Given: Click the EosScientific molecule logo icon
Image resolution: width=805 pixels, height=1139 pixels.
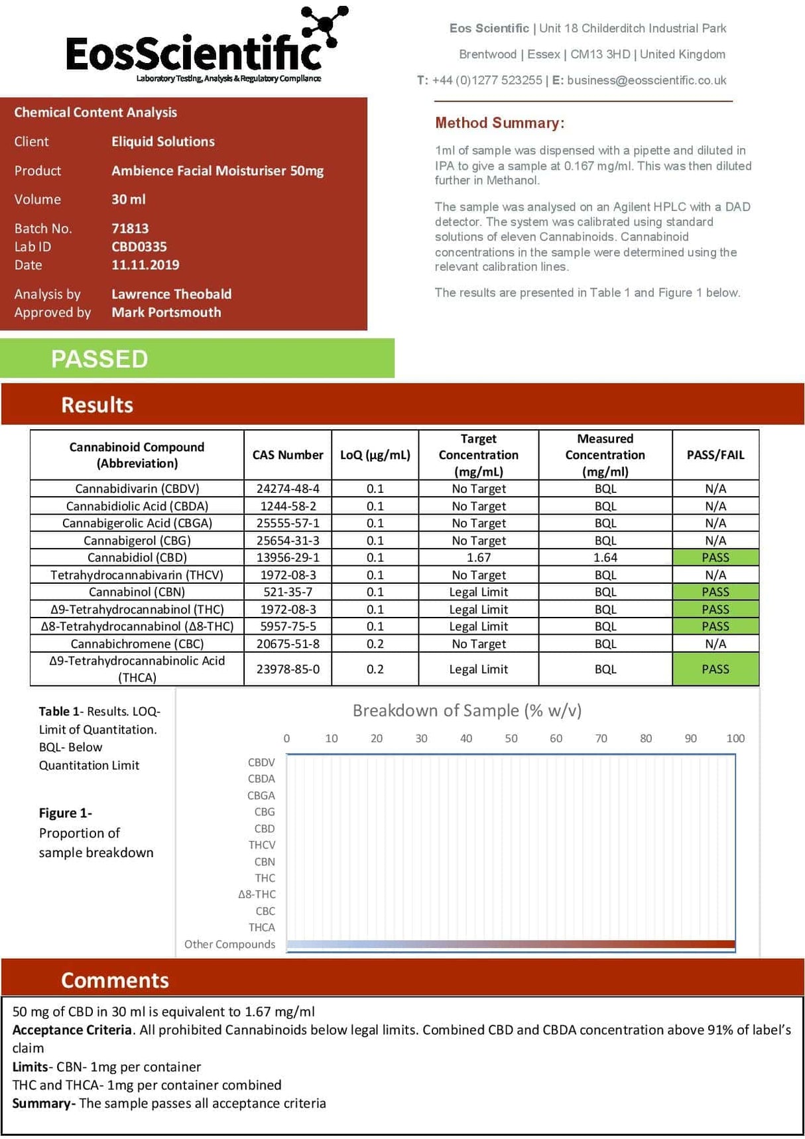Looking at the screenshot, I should pyautogui.click(x=325, y=27).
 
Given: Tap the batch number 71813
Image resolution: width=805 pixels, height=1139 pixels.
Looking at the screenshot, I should pyautogui.click(x=130, y=228).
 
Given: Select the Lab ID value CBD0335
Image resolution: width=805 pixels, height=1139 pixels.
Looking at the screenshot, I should pyautogui.click(x=139, y=247).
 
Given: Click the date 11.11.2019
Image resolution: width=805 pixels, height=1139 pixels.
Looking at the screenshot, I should pyautogui.click(x=145, y=265).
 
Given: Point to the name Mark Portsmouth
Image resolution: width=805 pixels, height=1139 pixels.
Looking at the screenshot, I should pyautogui.click(x=166, y=312).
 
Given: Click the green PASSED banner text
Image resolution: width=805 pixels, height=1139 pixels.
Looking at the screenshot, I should pyautogui.click(x=99, y=359).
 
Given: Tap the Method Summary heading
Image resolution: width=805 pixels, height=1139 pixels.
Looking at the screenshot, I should pyautogui.click(x=499, y=123).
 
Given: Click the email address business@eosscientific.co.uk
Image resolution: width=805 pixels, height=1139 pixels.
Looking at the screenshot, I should pyautogui.click(x=647, y=80).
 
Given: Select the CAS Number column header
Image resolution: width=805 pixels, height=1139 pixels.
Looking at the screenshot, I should pyautogui.click(x=288, y=455).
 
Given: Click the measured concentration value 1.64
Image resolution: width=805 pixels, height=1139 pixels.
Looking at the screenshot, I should pyautogui.click(x=605, y=558).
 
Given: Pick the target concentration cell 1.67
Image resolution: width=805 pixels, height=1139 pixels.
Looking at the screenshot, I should pyautogui.click(x=478, y=558).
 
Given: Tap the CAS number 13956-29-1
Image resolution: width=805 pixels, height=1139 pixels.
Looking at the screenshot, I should pyautogui.click(x=288, y=558).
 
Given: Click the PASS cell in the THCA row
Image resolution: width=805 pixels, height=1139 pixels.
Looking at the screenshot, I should pyautogui.click(x=715, y=669).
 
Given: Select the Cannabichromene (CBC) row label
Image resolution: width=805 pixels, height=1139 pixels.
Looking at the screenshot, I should pyautogui.click(x=137, y=644).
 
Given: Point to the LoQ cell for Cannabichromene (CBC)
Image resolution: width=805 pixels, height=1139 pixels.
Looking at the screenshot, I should pyautogui.click(x=375, y=644).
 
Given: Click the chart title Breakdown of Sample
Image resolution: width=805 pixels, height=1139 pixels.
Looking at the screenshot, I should pyautogui.click(x=467, y=710).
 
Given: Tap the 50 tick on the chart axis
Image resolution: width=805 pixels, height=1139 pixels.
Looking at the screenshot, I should pyautogui.click(x=511, y=738).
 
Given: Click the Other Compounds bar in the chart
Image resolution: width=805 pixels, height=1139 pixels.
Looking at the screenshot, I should pyautogui.click(x=511, y=944).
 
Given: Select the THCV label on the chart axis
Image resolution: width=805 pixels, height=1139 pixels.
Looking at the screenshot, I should pyautogui.click(x=262, y=845).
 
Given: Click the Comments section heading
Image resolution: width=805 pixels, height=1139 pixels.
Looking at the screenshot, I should pyautogui.click(x=115, y=980).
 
